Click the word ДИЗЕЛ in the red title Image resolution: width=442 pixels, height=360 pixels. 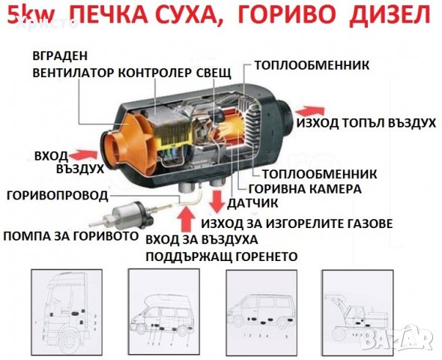coord(390,14)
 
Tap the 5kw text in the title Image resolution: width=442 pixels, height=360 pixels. coord(30,15)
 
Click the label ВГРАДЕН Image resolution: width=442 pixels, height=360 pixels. coord(60,55)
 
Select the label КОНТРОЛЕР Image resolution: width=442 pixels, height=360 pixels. coord(154,73)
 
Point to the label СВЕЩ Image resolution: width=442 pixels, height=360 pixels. coord(214,73)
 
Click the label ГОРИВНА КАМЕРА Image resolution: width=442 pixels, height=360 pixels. coord(305,188)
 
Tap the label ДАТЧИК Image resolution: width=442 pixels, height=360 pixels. coord(252,203)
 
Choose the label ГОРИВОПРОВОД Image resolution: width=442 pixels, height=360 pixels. coord(58,196)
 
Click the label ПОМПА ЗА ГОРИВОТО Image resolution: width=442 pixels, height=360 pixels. coord(70,235)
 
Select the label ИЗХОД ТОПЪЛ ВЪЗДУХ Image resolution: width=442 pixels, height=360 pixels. coord(366,123)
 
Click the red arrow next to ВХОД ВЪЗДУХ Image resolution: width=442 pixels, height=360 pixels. coord(85,155)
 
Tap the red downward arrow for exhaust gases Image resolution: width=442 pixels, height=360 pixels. coord(217,202)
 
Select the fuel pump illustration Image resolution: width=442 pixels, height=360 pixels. coord(127,214)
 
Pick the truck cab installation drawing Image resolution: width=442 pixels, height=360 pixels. coord(67,311)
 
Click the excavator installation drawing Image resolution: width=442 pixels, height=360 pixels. coord(357,311)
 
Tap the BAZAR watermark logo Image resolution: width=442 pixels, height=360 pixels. coord(399,338)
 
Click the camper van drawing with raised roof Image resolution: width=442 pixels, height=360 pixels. coord(164,311)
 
